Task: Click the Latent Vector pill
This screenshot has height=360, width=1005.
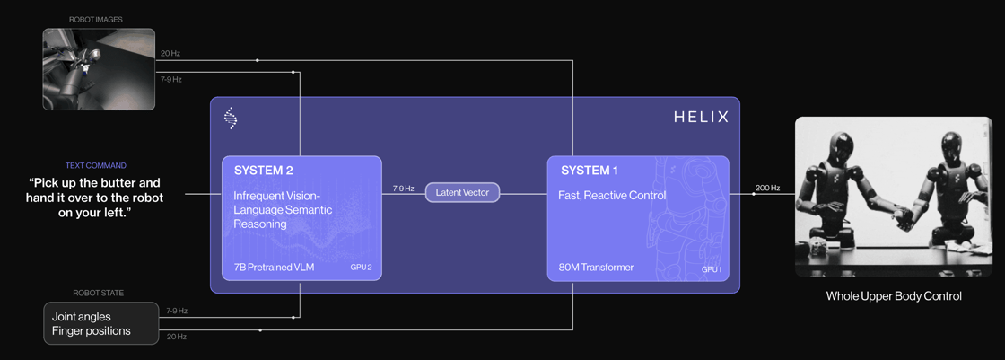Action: (462, 192)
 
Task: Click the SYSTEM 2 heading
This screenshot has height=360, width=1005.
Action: (264, 171)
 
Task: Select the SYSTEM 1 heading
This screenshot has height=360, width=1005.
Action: (590, 171)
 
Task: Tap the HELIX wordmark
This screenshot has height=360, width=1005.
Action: (701, 118)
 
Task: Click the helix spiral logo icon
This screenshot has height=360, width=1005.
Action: (231, 119)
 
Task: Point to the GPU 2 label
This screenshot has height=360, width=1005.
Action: (361, 268)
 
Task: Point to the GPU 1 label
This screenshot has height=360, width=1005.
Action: (711, 268)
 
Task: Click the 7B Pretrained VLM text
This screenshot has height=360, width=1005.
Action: (274, 268)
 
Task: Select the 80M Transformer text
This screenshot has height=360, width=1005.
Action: (596, 268)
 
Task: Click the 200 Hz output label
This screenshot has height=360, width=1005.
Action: (767, 189)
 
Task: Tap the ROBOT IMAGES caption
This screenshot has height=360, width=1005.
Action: (96, 20)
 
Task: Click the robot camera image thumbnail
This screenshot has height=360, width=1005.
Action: (99, 69)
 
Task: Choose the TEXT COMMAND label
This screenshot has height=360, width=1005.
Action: (95, 165)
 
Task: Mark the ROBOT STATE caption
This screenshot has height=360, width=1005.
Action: (99, 293)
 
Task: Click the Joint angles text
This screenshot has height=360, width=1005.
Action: (82, 316)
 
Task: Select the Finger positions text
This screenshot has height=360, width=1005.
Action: (92, 330)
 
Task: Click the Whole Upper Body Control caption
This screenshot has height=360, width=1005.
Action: (893, 296)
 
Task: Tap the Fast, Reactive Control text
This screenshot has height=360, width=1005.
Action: (612, 196)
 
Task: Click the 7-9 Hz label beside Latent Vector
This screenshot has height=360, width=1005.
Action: (403, 189)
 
